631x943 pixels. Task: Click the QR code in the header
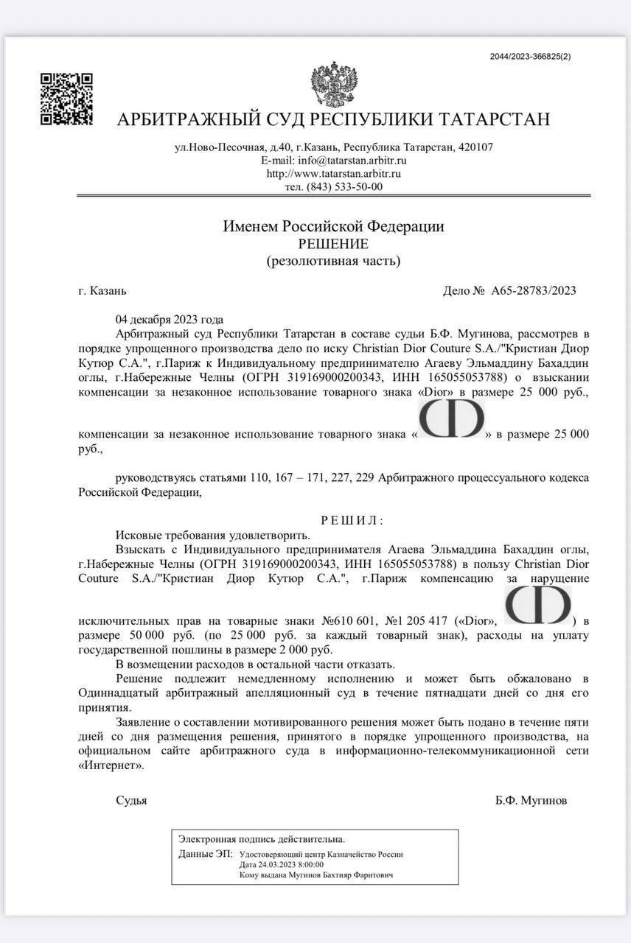[66, 99]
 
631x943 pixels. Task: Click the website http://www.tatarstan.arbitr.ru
[333, 174]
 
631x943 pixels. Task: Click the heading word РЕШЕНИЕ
[333, 244]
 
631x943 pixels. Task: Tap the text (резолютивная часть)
[333, 261]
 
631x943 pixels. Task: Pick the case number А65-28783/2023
[534, 290]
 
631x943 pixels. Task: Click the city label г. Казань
[102, 290]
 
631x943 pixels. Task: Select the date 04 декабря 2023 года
[169, 320]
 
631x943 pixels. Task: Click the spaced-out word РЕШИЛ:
[352, 521]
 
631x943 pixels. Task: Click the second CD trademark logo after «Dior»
[538, 606]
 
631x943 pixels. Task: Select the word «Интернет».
[111, 765]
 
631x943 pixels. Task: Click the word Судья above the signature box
[131, 801]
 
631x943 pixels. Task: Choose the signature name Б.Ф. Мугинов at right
[531, 801]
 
